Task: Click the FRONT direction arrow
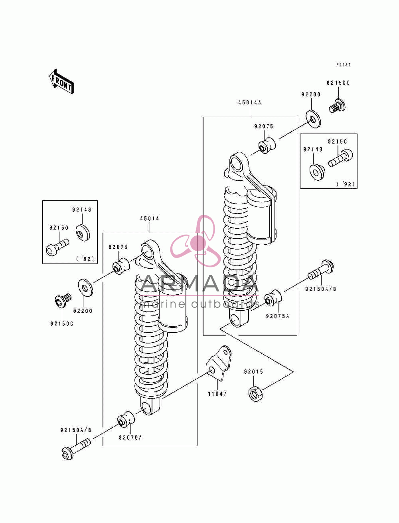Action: coord(61,82)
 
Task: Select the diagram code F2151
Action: coord(343,65)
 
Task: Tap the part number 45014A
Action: coord(250,102)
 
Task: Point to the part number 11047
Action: coord(217,394)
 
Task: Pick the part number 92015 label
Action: coord(253,372)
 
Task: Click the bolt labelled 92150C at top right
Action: coord(337,106)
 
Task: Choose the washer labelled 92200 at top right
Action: coord(313,118)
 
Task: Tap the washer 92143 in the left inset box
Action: coord(83,233)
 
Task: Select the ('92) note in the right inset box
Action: coord(346,184)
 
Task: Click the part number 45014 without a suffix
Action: coord(150,218)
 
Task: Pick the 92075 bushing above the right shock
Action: coord(267,145)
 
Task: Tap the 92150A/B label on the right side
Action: coord(320,289)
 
